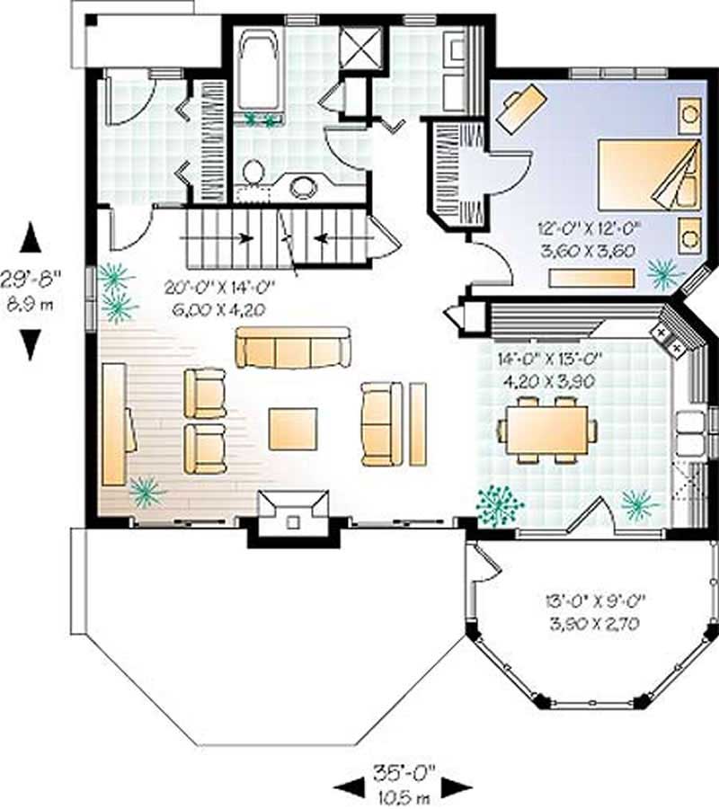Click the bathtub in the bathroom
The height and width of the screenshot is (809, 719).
pos(260,72)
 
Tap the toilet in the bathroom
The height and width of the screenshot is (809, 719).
pos(254,173)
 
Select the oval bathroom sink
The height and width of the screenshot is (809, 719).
pos(303,187)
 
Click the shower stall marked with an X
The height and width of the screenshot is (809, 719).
pos(364,42)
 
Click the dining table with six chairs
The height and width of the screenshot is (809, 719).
pos(546,430)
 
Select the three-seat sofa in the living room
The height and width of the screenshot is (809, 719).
pos(293,348)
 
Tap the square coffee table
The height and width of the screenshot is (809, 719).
pos(293,429)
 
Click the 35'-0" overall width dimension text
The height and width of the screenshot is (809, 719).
pos(403,770)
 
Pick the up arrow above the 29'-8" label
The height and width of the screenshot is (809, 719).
pos(31,238)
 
